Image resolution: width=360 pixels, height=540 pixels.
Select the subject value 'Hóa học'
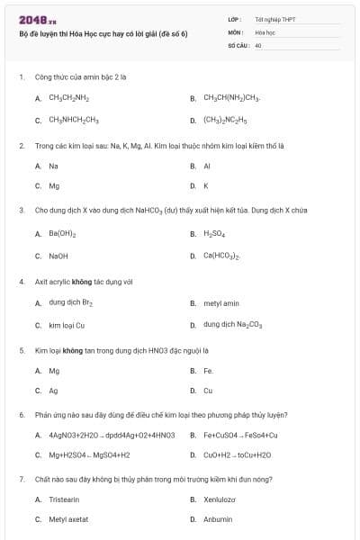pyautogui.click(x=265, y=31)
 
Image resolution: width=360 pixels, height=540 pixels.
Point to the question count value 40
pyautogui.click(x=258, y=44)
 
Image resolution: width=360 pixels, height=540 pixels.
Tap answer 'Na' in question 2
pyautogui.click(x=54, y=166)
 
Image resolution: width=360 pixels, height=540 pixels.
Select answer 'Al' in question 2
pyautogui.click(x=207, y=166)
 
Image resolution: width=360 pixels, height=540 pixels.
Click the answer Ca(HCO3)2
pyautogui.click(x=221, y=256)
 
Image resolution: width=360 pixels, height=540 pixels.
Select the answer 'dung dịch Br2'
pyautogui.click(x=68, y=302)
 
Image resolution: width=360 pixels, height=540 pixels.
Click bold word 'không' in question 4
pyautogui.click(x=83, y=282)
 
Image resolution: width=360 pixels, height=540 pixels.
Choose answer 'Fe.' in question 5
pyautogui.click(x=208, y=371)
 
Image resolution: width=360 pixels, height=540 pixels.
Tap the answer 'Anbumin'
pyautogui.click(x=218, y=519)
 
